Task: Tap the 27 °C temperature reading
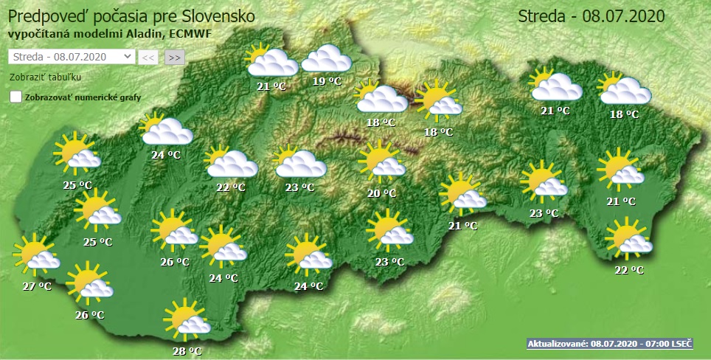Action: click(x=35, y=285)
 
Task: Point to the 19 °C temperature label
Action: click(x=327, y=81)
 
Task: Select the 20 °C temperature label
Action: click(x=381, y=193)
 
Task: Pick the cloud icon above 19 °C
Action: click(x=326, y=58)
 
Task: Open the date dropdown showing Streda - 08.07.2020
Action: click(x=72, y=57)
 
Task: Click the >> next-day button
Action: click(x=175, y=57)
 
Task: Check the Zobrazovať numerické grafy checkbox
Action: click(x=15, y=97)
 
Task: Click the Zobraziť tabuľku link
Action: click(x=45, y=77)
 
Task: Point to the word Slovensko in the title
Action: click(x=219, y=15)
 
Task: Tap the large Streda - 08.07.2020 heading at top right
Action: click(x=592, y=16)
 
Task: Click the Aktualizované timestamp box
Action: click(x=610, y=344)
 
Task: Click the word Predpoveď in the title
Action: click(x=43, y=15)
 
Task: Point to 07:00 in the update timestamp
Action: click(x=655, y=344)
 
